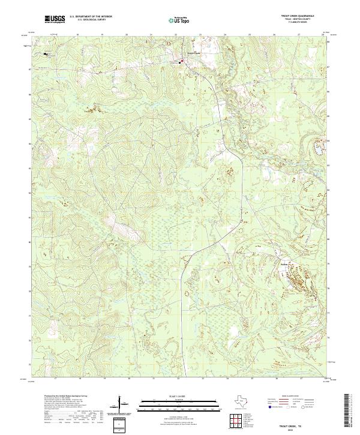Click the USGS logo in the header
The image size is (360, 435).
click(x=55, y=20)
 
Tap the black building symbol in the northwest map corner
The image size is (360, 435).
click(x=46, y=54)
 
